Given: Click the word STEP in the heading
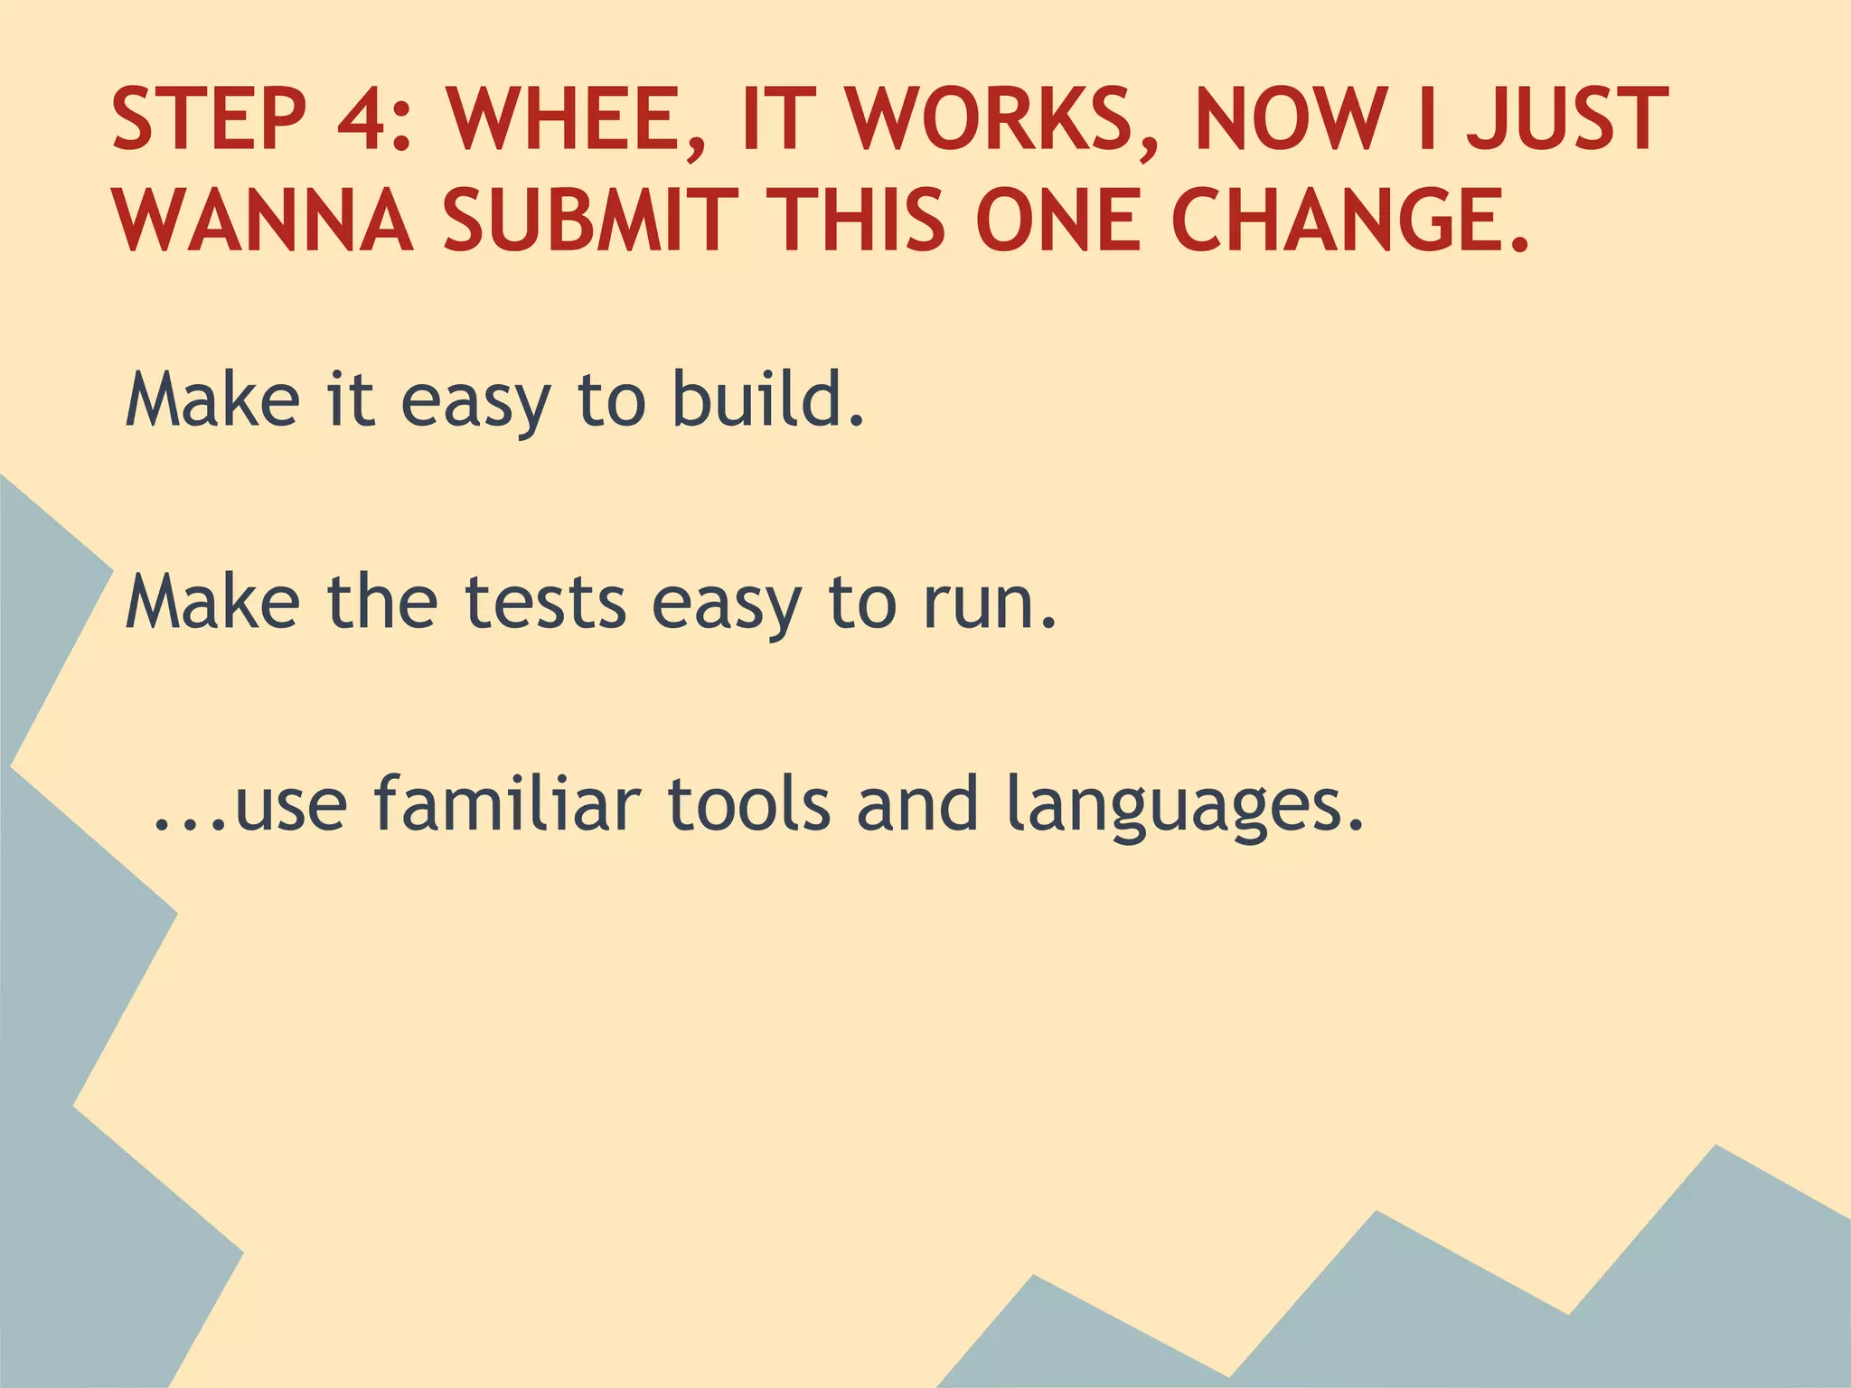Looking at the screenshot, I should [x=209, y=119].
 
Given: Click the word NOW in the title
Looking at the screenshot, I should [x=1292, y=119].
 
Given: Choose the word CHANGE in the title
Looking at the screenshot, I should [x=1338, y=220].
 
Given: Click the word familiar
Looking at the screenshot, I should [x=507, y=803].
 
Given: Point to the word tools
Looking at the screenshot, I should [x=748, y=803].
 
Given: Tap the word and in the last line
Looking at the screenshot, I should [x=917, y=803].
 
